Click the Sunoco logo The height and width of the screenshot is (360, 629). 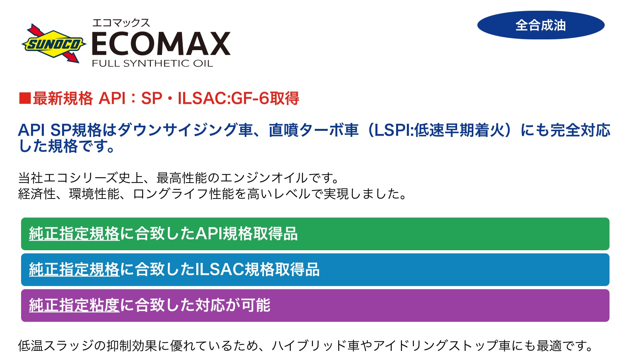(54, 43)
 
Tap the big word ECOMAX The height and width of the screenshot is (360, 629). (161, 44)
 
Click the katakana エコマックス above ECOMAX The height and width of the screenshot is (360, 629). (121, 23)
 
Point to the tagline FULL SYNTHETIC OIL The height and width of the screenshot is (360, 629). (152, 63)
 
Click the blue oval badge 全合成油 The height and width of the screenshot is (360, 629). (541, 25)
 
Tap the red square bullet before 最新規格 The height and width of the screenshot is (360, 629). (25, 99)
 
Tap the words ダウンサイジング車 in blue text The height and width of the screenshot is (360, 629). (185, 130)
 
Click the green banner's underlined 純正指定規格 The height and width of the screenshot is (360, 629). (74, 234)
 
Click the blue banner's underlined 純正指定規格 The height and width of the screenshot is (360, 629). (74, 270)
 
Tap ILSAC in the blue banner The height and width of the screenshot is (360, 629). (220, 270)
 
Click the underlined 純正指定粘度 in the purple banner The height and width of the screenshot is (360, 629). (74, 305)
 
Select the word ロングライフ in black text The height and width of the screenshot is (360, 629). (170, 194)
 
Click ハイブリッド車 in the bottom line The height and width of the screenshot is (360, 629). (315, 346)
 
